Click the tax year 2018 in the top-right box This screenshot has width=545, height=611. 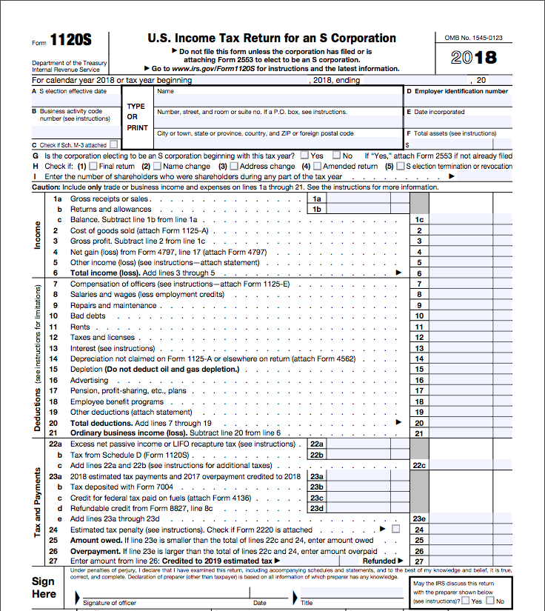tap(474, 58)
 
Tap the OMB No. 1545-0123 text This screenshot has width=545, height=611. tap(473, 37)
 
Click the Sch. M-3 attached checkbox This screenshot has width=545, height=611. tap(113, 145)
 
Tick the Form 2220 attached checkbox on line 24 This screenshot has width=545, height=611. tap(395, 530)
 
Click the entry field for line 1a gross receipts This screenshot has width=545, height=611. tap(366, 198)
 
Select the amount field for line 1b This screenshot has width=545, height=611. tap(366, 210)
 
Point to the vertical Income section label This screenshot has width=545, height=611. tap(39, 236)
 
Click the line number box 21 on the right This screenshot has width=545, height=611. tap(419, 433)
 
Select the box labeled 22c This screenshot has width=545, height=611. tap(419, 465)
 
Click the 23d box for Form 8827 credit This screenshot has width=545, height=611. tap(317, 508)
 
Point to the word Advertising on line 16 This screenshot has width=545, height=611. tap(89, 380)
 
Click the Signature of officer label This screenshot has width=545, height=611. tap(110, 603)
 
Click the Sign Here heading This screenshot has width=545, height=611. tap(44, 587)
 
